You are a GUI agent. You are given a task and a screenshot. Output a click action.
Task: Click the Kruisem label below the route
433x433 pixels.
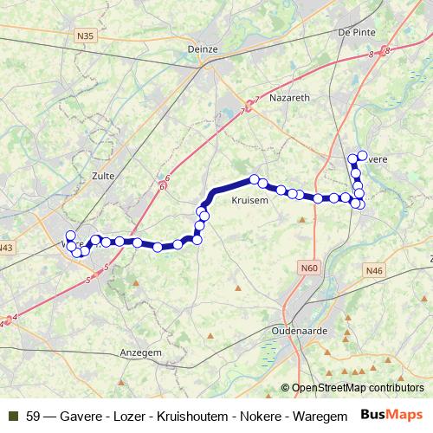(249, 200)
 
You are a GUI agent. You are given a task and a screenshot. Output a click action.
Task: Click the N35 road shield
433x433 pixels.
(84, 36)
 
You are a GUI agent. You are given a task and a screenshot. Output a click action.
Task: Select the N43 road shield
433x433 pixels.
(7, 248)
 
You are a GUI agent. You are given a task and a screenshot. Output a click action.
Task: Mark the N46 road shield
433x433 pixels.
(374, 271)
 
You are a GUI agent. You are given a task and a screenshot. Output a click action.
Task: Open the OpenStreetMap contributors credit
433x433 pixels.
(358, 389)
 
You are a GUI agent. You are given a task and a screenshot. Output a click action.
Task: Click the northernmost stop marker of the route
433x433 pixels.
(352, 158)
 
